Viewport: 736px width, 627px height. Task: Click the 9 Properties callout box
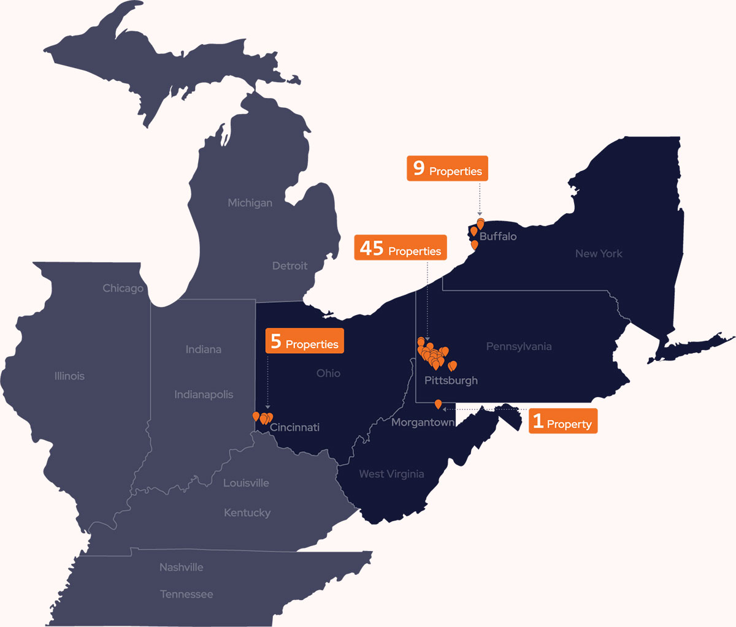(x=447, y=168)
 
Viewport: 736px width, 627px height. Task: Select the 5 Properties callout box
(x=304, y=341)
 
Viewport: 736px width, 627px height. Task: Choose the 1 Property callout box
(x=563, y=422)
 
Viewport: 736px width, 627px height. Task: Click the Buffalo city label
(x=498, y=237)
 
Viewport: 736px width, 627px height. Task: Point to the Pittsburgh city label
(x=451, y=381)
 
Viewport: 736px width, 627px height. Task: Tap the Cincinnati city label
(x=294, y=427)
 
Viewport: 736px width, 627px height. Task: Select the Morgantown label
(x=423, y=422)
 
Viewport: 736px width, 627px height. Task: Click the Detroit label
(x=289, y=266)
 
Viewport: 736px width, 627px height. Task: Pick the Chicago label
(x=123, y=288)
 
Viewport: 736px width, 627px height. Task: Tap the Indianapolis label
(x=204, y=395)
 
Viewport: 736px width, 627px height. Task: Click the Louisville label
(x=246, y=483)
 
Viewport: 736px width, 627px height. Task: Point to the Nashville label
(x=181, y=568)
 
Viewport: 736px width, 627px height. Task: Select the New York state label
(x=599, y=254)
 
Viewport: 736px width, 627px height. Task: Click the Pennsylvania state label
(x=519, y=347)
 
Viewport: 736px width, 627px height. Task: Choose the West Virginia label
(x=391, y=474)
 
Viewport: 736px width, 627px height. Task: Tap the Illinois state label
(x=69, y=376)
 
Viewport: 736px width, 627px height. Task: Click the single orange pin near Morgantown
(x=438, y=403)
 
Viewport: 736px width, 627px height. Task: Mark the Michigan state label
(x=250, y=203)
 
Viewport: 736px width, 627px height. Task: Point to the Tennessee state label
(x=186, y=595)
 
